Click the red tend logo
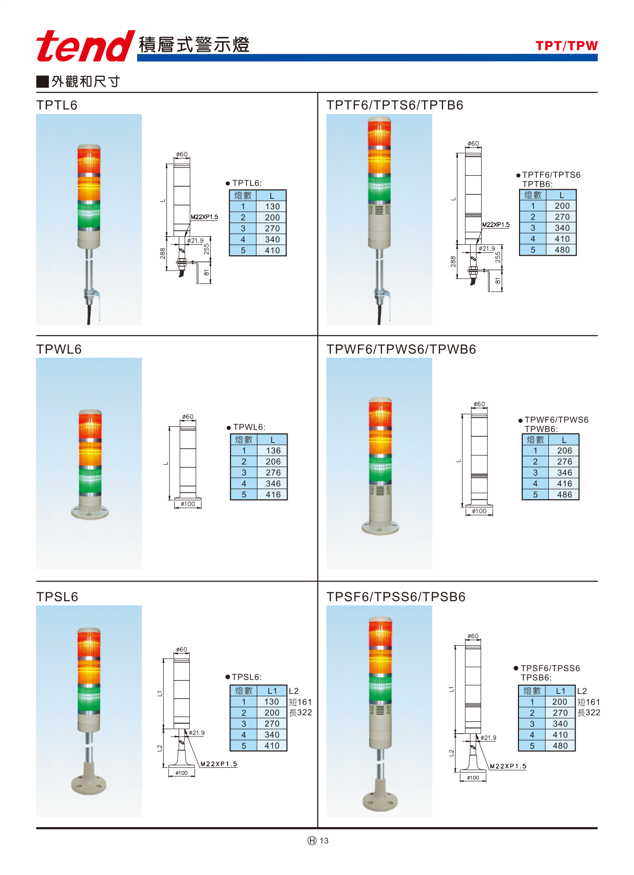[85, 46]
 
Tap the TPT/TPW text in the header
[566, 46]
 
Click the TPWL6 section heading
[59, 349]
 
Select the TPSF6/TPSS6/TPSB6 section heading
[396, 597]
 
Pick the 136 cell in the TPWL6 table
[273, 451]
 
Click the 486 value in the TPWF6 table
[565, 495]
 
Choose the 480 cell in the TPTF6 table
[562, 250]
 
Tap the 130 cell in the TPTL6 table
[272, 206]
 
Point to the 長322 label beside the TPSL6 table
[300, 713]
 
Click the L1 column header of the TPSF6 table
[560, 691]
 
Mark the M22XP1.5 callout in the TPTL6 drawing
[205, 217]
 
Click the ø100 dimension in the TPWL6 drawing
[188, 504]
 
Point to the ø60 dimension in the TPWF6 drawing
[479, 404]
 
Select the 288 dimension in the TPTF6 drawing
[453, 261]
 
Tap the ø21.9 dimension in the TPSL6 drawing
[196, 733]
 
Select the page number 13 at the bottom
[324, 841]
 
